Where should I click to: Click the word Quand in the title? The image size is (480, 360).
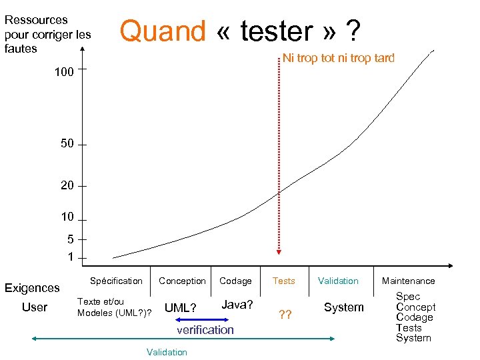point(163,31)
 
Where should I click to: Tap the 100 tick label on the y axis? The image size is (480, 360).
point(64,72)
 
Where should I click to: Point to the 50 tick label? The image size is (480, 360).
point(67,144)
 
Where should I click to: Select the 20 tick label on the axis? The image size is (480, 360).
point(67,186)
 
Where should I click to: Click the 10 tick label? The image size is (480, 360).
point(67,217)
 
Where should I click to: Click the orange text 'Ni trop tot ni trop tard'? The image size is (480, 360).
point(339,58)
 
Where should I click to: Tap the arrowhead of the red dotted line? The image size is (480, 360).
point(279,251)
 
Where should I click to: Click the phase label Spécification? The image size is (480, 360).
point(116,281)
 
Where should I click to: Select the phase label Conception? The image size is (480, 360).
point(182,281)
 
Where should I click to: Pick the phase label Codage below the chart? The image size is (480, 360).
point(235,281)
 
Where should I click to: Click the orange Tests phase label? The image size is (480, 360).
point(283,281)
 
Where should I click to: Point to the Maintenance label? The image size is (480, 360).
point(408,281)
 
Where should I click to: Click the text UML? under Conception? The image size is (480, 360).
point(180,308)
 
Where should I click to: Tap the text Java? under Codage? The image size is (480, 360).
point(237,305)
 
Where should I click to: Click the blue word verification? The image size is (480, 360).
point(205,329)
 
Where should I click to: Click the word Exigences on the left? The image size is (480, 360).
point(32,288)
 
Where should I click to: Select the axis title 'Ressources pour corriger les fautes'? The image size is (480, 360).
point(47,34)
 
